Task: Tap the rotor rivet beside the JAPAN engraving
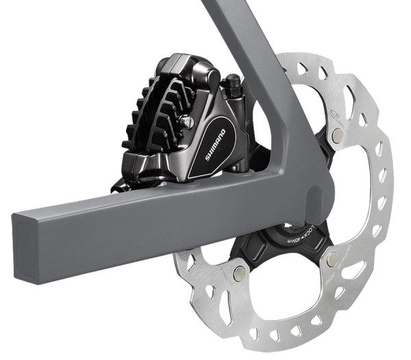click(332, 259)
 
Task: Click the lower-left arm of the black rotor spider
click(260, 254)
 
